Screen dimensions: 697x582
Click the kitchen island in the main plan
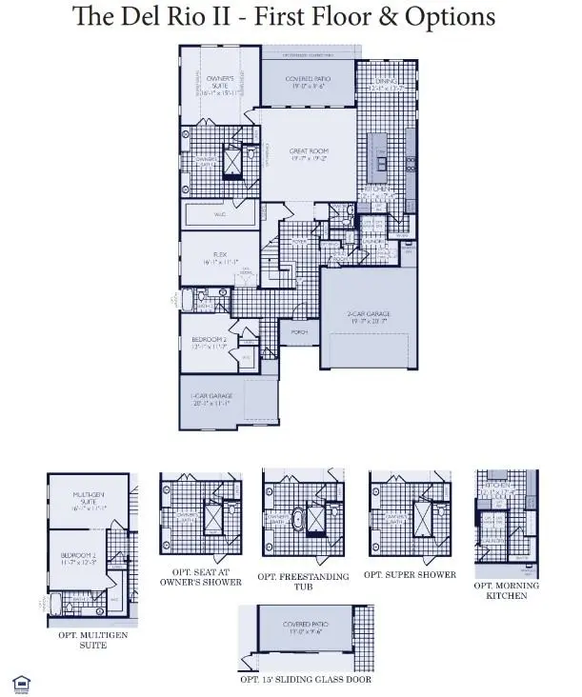(379, 158)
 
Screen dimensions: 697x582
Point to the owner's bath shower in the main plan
(231, 162)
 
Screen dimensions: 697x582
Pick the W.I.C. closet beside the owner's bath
(219, 215)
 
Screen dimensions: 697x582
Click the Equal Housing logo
(19, 682)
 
